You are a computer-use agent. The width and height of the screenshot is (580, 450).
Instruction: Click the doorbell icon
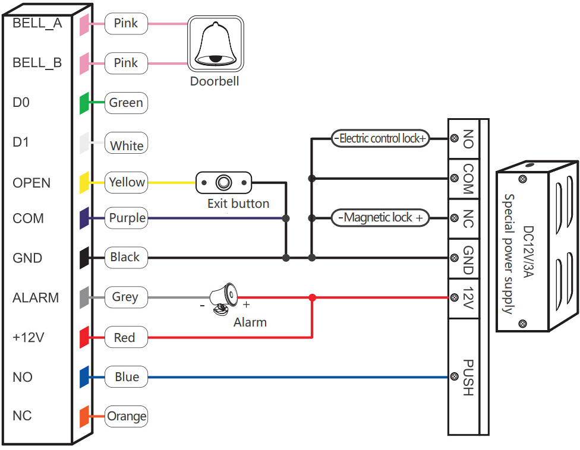(216, 43)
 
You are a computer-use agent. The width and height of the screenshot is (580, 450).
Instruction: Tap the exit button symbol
(224, 182)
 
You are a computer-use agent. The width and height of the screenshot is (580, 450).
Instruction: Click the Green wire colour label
(126, 103)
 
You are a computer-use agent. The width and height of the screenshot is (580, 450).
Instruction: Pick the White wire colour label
(127, 145)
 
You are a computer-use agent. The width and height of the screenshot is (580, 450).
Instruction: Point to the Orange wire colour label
(127, 416)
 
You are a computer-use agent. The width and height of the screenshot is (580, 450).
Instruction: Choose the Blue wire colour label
(127, 377)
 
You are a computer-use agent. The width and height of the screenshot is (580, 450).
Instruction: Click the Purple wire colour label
(127, 218)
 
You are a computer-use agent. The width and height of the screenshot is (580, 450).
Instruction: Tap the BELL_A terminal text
(37, 24)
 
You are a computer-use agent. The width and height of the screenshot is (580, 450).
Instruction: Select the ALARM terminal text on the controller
(36, 297)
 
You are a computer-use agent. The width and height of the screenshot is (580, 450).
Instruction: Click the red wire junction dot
(313, 297)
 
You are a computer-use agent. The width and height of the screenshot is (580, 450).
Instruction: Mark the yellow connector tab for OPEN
(84, 182)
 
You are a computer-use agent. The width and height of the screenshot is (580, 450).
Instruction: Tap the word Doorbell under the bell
(215, 81)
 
